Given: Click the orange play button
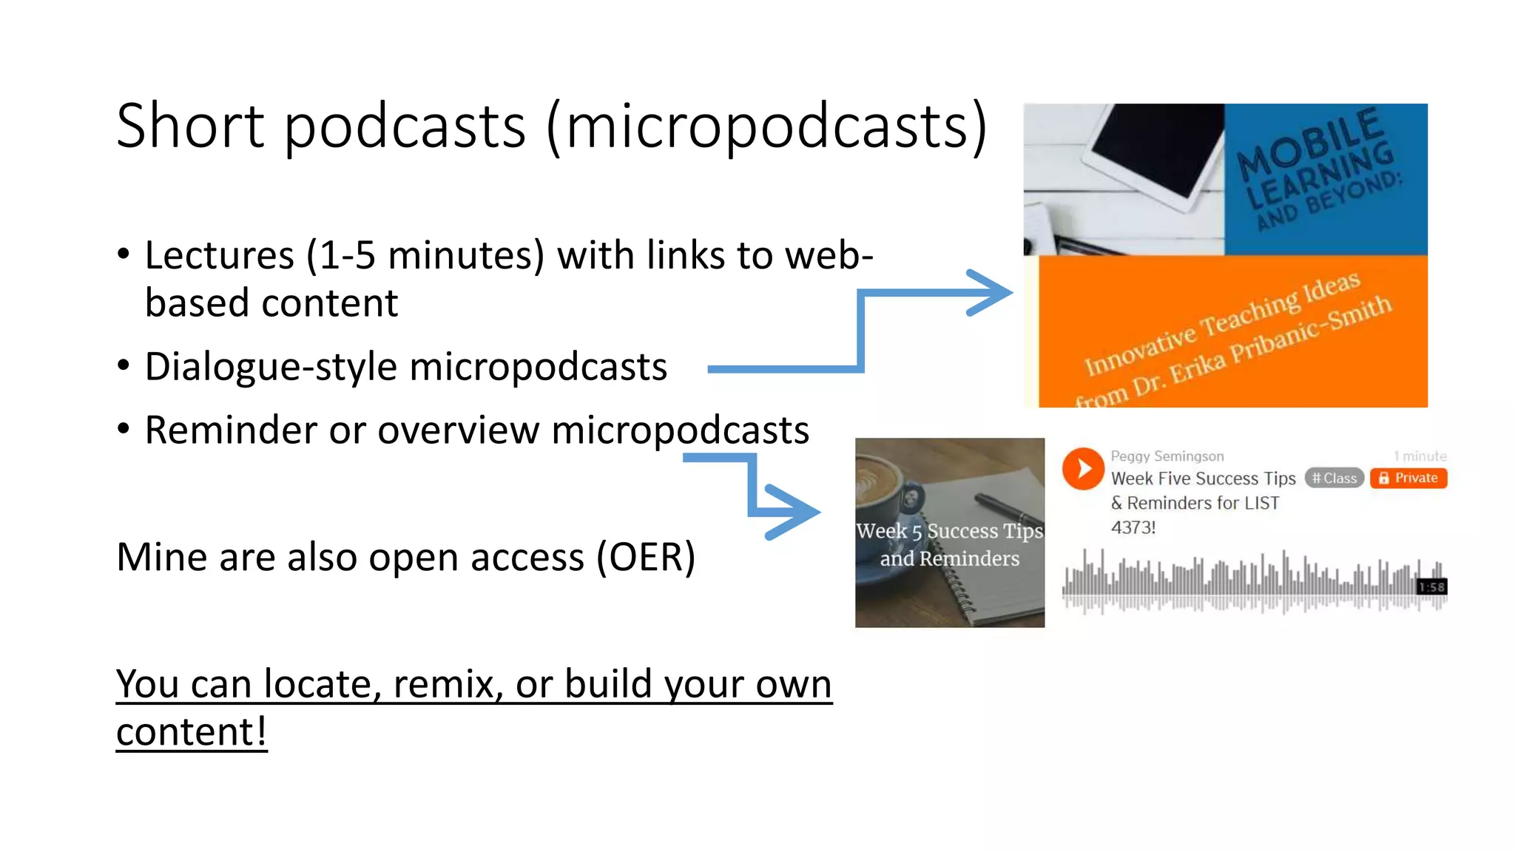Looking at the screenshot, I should click(x=1083, y=469).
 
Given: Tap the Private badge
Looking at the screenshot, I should click(x=1408, y=478).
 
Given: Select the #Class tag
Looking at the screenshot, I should click(x=1334, y=479).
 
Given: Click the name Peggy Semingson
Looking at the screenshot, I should click(x=1167, y=456).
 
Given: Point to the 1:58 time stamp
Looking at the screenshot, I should click(x=1431, y=587).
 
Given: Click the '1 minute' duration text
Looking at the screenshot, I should click(x=1420, y=456).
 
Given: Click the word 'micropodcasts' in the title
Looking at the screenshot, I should click(x=769, y=126).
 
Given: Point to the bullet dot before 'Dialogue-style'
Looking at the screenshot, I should click(x=124, y=365).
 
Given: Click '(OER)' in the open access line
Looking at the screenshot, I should click(x=646, y=557).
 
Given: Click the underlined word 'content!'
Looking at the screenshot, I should click(x=191, y=732).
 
